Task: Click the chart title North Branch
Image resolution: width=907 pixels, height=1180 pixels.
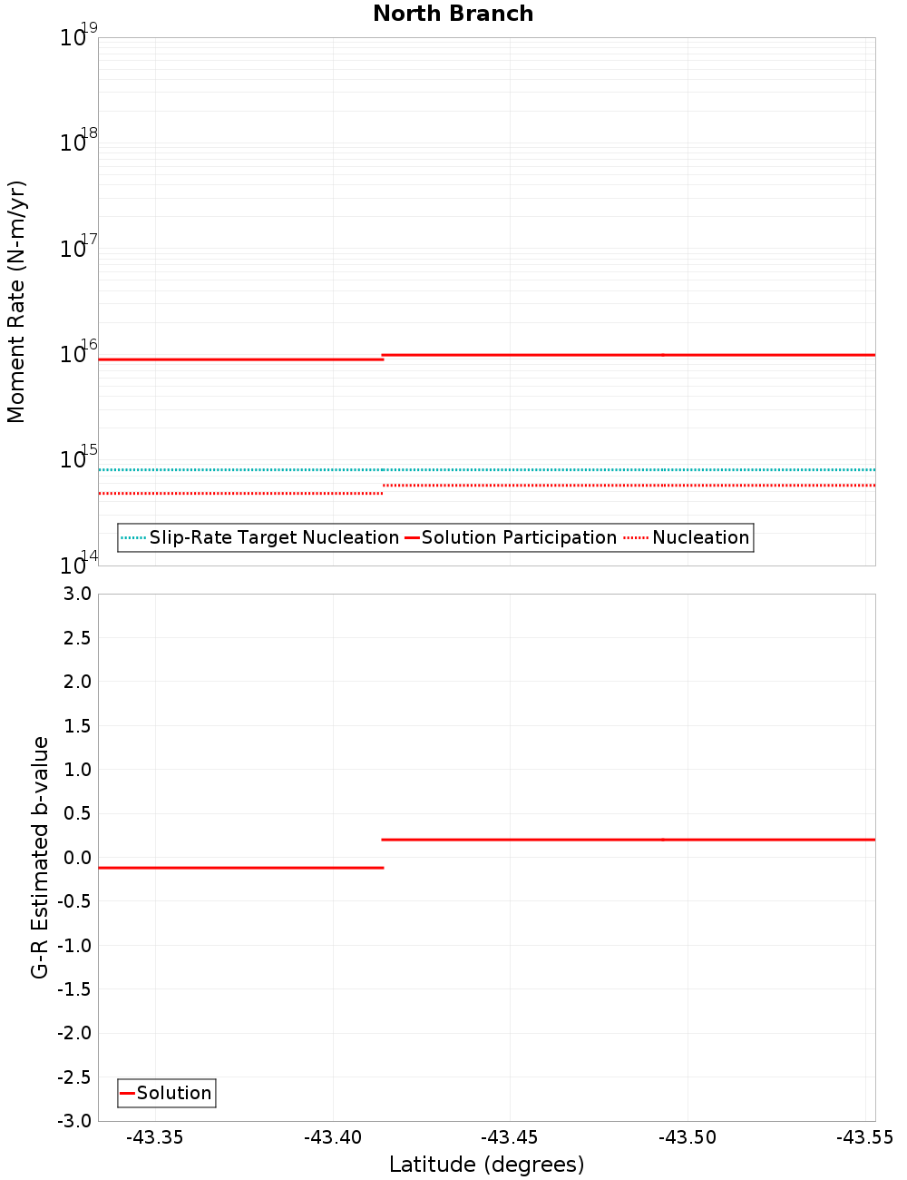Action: pos(453,14)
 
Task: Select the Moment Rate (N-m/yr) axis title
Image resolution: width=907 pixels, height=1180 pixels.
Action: pos(16,301)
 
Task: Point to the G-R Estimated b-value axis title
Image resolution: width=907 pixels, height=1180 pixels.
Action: pos(40,857)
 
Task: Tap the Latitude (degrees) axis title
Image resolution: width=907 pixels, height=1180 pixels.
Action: pos(486,1165)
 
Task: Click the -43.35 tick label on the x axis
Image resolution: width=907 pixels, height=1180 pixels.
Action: pos(154,1137)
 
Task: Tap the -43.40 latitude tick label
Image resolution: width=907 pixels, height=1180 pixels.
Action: pos(332,1137)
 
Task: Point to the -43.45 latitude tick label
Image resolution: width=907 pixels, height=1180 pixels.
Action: pos(510,1137)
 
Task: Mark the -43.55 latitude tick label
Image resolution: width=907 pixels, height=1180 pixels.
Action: pos(864,1137)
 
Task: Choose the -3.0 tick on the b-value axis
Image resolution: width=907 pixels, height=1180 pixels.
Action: pos(76,1121)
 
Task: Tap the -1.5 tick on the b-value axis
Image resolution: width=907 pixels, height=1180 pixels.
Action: pos(76,989)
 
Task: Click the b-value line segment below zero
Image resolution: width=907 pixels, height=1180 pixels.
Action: pos(240,868)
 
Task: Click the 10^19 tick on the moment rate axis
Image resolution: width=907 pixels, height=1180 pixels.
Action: pos(78,37)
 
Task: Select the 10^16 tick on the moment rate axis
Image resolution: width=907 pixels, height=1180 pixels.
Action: pos(78,353)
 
